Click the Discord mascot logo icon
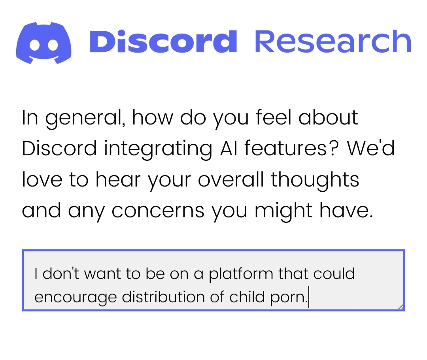click(44, 43)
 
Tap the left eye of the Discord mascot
click(35, 45)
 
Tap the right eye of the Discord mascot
click(53, 45)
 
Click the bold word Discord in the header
click(163, 41)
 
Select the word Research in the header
click(333, 41)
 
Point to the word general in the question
click(85, 119)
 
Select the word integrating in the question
click(158, 149)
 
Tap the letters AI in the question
click(229, 149)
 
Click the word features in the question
click(291, 149)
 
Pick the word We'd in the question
click(370, 149)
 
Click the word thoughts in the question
click(315, 181)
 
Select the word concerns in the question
click(158, 211)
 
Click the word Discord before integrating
click(59, 149)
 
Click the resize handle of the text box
click(400, 307)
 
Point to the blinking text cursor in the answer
click(309, 297)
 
